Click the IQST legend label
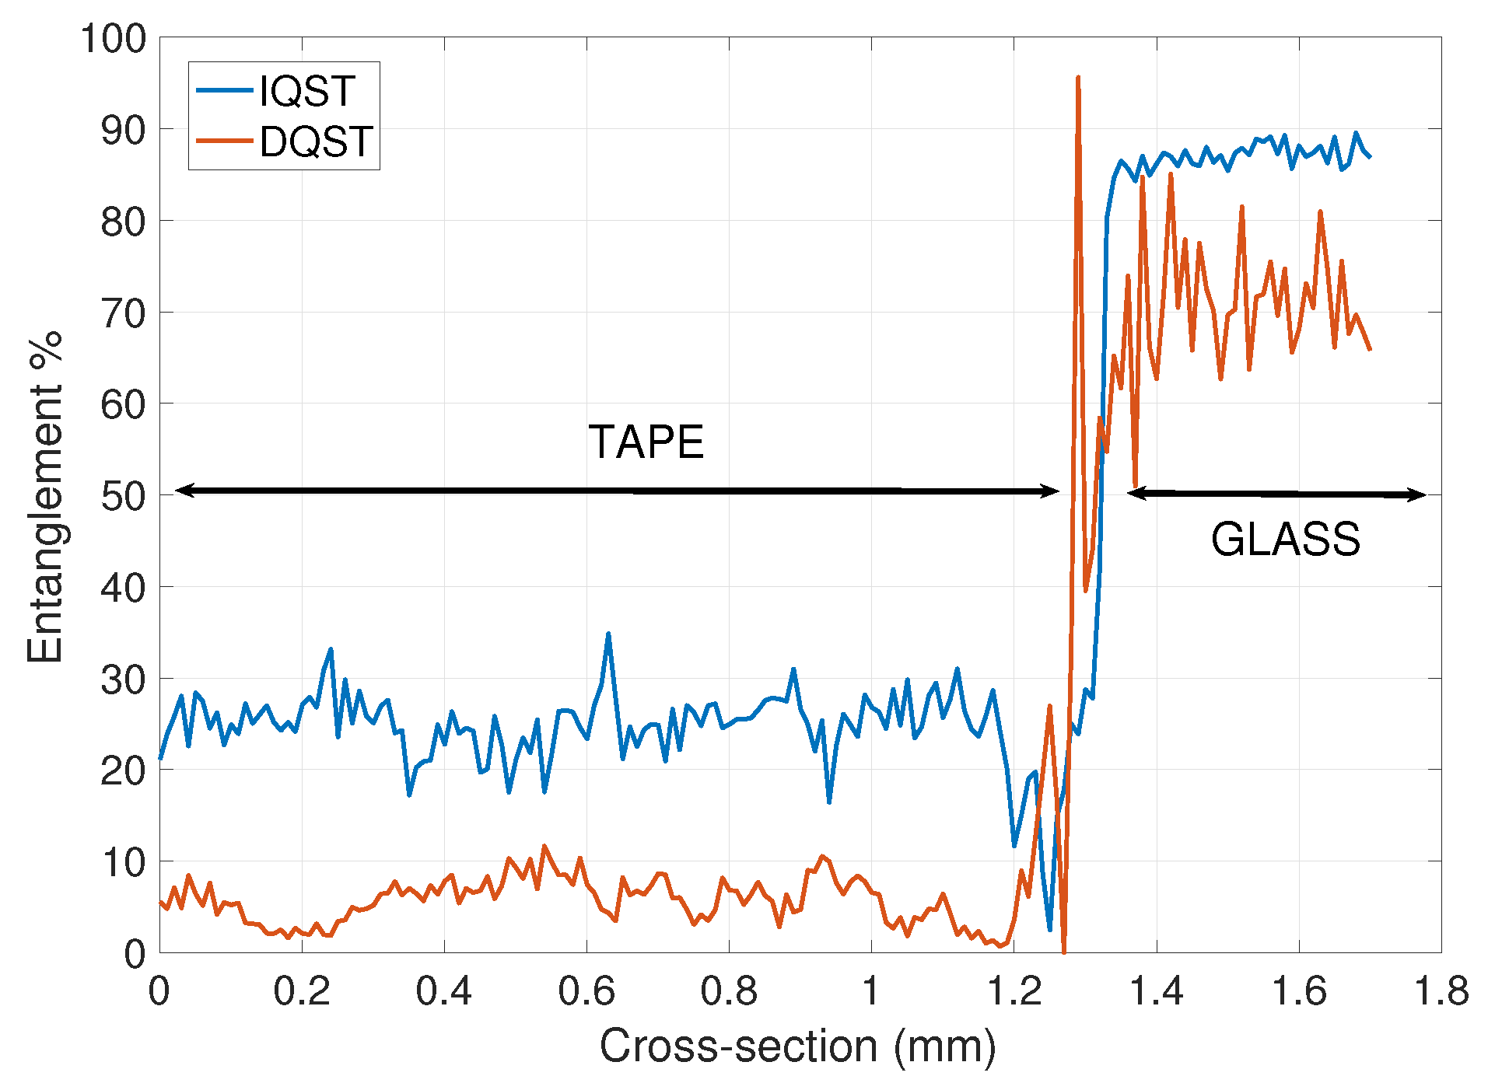[307, 91]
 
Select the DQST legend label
[317, 141]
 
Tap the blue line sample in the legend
[225, 91]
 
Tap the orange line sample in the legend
[225, 141]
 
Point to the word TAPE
[646, 442]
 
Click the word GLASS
[1285, 539]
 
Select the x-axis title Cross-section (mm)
[797, 1046]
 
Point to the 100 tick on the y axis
[114, 39]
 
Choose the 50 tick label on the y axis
[124, 496]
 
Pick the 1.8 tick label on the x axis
[1441, 991]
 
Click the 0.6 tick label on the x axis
[586, 991]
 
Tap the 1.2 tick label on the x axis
[1014, 991]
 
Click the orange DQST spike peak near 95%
[1077, 78]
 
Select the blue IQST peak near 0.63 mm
[608, 634]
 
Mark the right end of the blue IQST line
[1370, 157]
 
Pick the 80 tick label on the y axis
[124, 222]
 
